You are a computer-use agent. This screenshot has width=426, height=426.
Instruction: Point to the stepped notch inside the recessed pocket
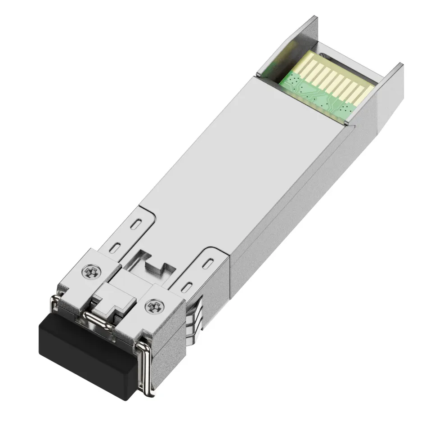click(x=156, y=268)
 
